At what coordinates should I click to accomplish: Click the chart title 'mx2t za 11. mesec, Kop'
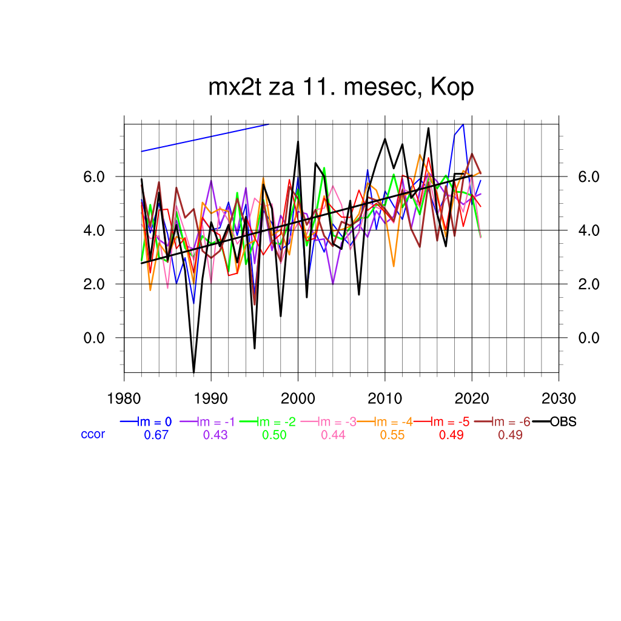pos(341,88)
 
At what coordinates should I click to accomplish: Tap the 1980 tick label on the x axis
pos(124,398)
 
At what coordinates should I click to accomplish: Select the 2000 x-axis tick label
pos(298,398)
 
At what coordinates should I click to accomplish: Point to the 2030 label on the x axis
pos(559,398)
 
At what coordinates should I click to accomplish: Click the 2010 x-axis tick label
pos(384,398)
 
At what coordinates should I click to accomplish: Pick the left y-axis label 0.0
pos(96,338)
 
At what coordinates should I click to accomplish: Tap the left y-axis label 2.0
pos(96,284)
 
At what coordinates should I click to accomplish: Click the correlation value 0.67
pos(156,435)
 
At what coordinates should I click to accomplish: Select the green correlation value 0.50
pos(274,435)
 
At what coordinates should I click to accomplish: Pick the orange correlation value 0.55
pos(392,435)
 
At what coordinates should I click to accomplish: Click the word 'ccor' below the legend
pos(93,434)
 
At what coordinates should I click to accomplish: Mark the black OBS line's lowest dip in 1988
pos(193,371)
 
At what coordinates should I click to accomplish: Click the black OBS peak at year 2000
pos(298,142)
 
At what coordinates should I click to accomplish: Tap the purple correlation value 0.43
pos(215,435)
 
